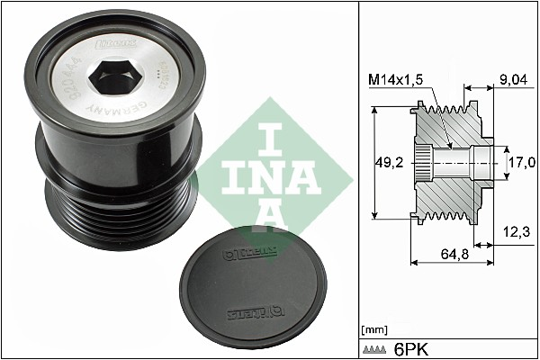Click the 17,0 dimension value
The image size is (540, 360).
[x=522, y=162]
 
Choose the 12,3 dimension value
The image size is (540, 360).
[x=516, y=232]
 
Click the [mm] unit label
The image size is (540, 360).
[x=372, y=328]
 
